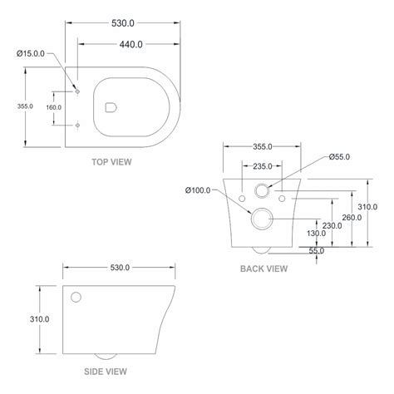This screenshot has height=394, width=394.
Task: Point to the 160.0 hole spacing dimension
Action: coord(53,106)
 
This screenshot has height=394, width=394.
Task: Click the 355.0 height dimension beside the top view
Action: coord(24,106)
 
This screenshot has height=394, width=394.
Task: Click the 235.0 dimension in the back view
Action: coord(263,165)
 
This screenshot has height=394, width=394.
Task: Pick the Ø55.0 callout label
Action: coord(340,156)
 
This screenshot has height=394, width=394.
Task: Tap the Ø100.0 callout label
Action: coord(198,189)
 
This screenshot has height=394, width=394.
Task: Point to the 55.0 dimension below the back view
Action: coord(317,250)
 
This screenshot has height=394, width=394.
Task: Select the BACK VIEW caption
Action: coord(263,268)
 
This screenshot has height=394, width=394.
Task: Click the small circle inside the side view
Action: coord(77,297)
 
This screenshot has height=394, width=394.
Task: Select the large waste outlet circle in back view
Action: coord(263,219)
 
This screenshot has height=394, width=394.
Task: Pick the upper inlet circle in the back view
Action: coord(263,190)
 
